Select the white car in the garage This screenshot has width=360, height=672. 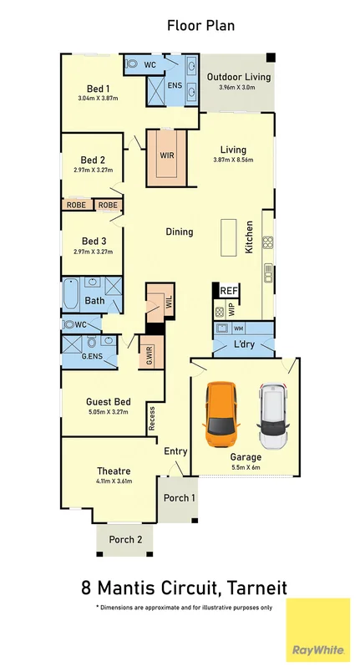coord(272,415)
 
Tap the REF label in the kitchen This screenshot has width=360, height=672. coord(229,291)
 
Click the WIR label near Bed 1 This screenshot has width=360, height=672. coord(166,155)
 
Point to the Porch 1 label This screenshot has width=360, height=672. coord(179,498)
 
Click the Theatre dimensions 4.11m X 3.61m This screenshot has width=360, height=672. coord(114,481)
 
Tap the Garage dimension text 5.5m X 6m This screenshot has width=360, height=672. coord(246,468)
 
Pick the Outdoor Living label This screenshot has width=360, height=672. coord(239,77)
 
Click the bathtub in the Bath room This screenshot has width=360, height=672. coord(71,295)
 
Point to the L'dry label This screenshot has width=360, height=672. coord(244,344)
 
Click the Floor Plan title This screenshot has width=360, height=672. coord(200,26)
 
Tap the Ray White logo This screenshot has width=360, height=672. coord(318,634)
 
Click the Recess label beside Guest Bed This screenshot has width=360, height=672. coord(152,418)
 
